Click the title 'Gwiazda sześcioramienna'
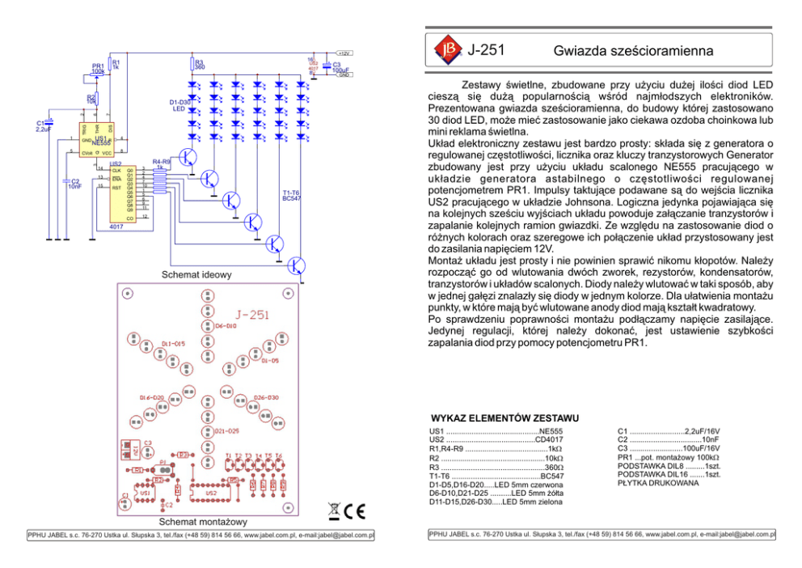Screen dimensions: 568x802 click(x=633, y=51)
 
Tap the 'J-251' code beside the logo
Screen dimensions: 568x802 click(x=486, y=50)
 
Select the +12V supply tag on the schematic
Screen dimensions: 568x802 click(x=344, y=53)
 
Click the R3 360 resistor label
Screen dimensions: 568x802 click(x=199, y=64)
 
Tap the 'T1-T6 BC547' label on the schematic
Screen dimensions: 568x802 click(x=292, y=195)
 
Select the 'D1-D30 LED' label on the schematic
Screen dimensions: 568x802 click(x=179, y=104)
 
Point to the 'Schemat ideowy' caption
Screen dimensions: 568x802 click(x=197, y=274)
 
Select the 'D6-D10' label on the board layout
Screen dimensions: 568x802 click(x=226, y=325)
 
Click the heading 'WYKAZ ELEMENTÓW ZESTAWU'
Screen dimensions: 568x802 click(x=504, y=418)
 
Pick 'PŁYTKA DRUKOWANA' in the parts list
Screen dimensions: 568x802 click(x=657, y=484)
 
